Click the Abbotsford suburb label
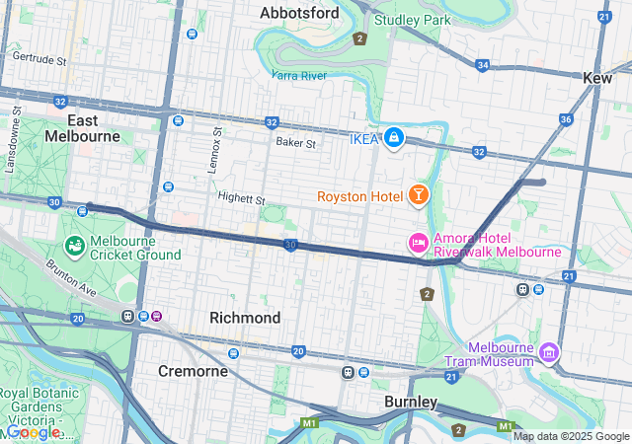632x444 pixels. [x=299, y=13]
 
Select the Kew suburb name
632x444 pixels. [x=597, y=77]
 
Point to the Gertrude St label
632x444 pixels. [x=39, y=59]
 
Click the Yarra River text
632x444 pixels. [x=299, y=74]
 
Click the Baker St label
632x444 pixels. [x=295, y=143]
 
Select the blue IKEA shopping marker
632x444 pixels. [x=394, y=137]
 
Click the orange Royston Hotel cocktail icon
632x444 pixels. [x=419, y=194]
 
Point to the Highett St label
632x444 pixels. [x=242, y=199]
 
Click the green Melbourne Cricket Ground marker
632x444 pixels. [x=74, y=245]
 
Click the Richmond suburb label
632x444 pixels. [x=245, y=318]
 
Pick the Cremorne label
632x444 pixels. [x=194, y=371]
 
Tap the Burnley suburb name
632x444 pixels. [x=411, y=402]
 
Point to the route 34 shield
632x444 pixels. [x=482, y=65]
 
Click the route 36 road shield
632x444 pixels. [x=566, y=119]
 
